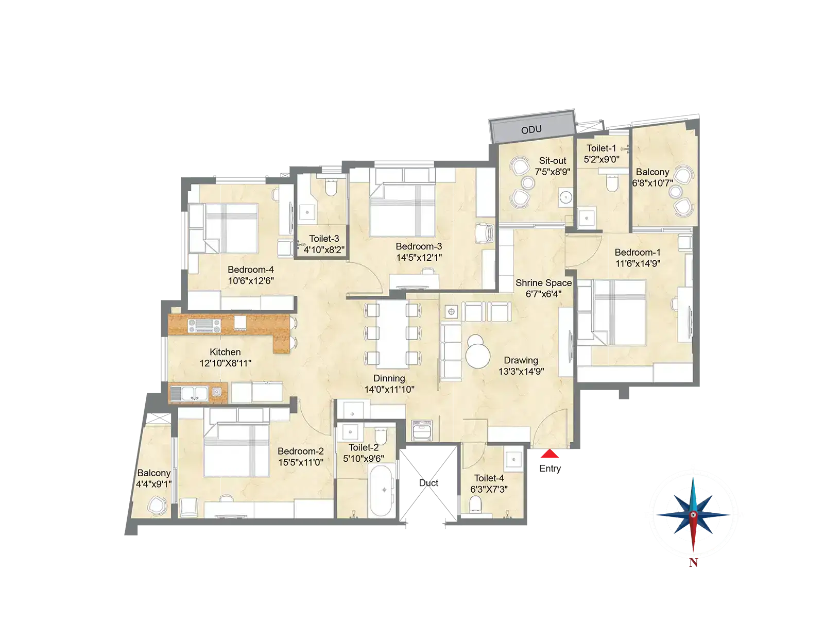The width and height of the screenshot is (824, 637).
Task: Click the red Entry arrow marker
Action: click(x=550, y=454)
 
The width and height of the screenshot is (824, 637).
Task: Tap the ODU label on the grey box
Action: click(x=531, y=130)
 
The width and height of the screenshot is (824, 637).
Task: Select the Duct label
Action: click(x=428, y=483)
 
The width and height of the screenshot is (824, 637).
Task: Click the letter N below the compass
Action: click(x=693, y=563)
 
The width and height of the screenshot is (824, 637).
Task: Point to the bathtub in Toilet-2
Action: click(x=382, y=491)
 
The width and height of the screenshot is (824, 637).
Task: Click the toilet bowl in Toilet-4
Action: click(x=475, y=505)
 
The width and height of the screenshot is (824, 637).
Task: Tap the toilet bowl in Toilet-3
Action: click(x=331, y=187)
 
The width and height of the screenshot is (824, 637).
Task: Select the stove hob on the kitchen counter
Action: click(x=204, y=326)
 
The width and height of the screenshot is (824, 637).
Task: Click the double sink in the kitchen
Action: click(x=189, y=393)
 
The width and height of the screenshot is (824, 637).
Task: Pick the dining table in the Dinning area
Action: click(x=393, y=334)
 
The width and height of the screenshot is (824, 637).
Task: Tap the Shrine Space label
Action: click(x=543, y=283)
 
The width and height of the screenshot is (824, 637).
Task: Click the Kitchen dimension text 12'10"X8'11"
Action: click(x=225, y=363)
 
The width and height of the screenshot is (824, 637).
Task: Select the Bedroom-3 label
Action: click(x=419, y=246)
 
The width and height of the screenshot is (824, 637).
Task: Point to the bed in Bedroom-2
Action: click(x=236, y=450)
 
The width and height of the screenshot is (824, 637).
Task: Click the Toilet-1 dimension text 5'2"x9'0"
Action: click(x=602, y=159)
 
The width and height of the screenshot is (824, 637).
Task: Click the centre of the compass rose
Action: click(x=693, y=515)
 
